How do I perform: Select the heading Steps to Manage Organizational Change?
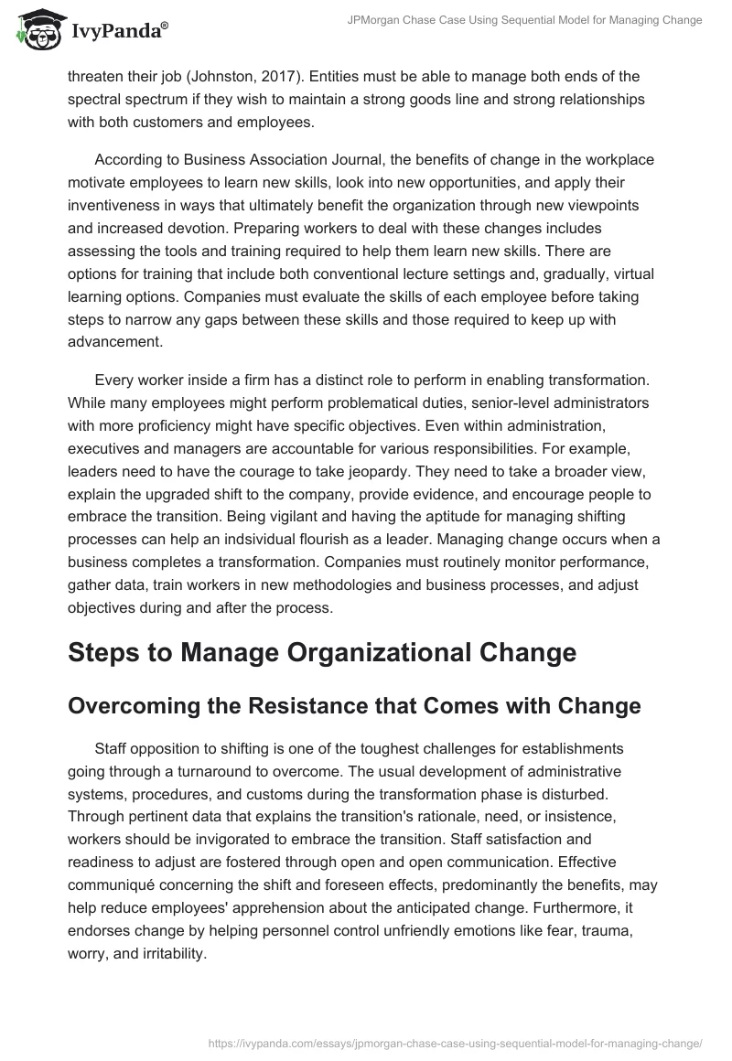322,653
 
